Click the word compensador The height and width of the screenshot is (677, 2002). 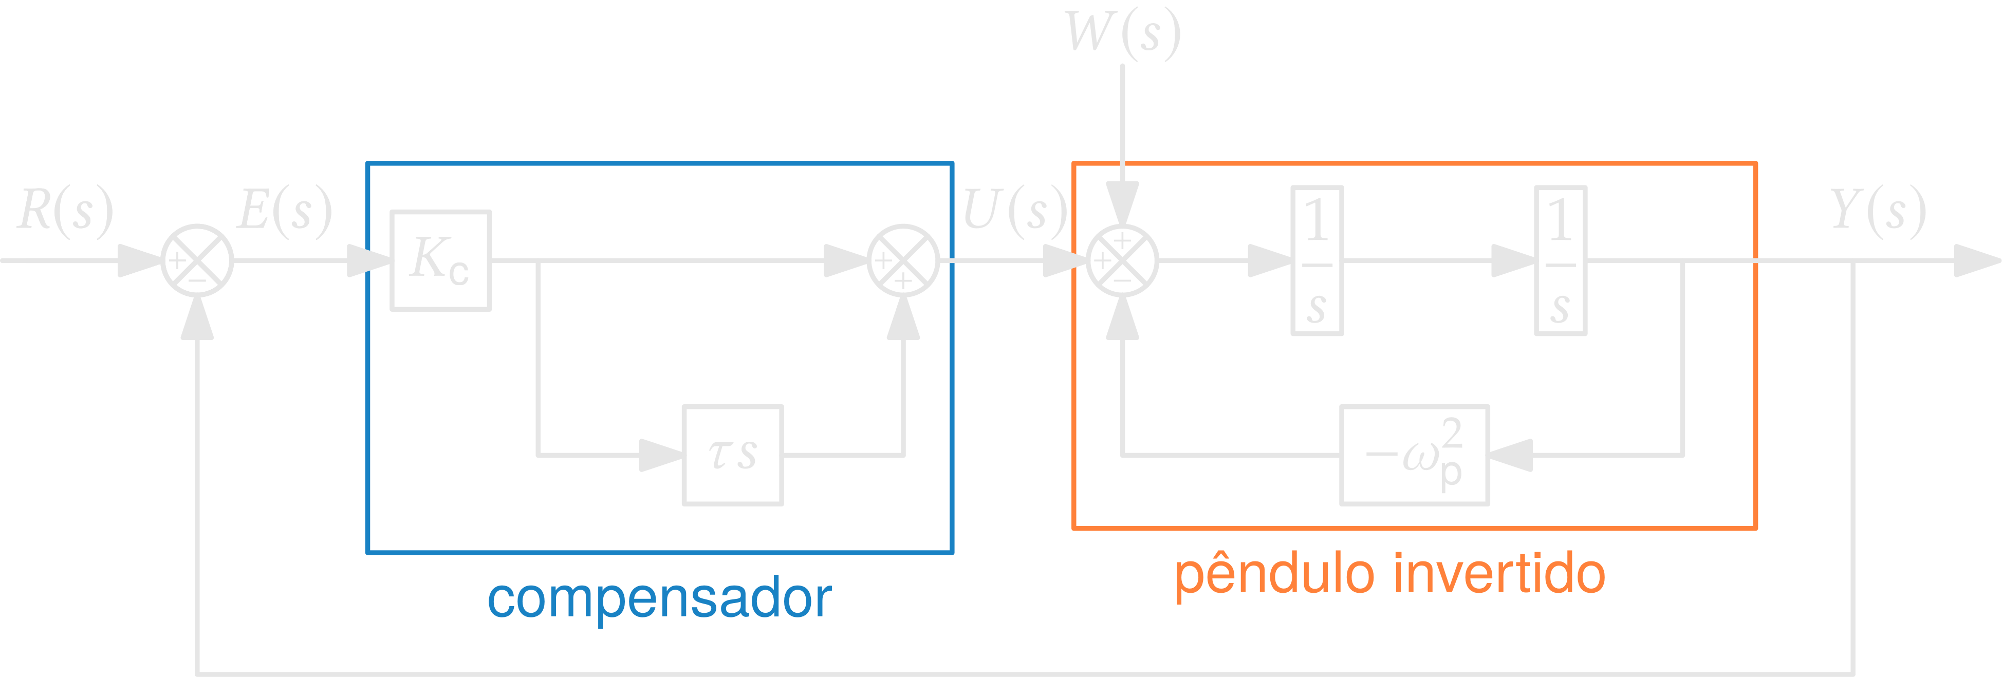(659, 598)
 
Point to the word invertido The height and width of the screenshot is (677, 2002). (1499, 574)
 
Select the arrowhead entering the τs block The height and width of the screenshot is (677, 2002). (661, 456)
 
